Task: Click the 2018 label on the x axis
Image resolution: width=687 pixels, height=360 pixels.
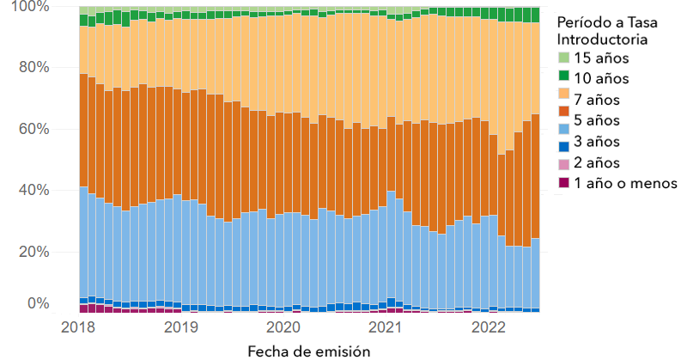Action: [78, 327]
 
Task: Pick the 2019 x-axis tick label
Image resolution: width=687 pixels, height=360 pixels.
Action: [180, 327]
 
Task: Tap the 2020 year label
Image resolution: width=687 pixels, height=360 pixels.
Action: [283, 327]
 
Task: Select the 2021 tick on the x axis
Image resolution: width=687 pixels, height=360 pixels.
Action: [386, 327]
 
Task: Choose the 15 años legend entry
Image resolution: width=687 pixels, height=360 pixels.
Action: [601, 58]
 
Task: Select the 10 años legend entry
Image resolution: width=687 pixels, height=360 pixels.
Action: [601, 79]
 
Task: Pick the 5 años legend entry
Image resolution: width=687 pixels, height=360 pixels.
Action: [598, 121]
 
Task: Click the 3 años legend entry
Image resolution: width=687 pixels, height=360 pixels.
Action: [598, 142]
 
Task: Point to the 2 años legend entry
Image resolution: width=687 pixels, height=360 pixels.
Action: [598, 163]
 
